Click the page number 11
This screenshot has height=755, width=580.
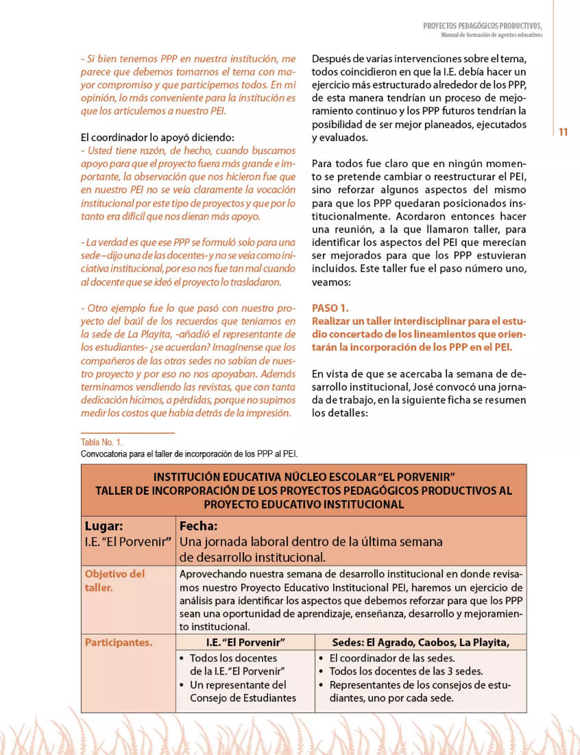point(563,132)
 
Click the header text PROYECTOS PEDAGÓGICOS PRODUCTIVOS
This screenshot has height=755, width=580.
point(482,26)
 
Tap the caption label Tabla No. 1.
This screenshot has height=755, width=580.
point(101,442)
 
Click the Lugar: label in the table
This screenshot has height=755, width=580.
point(104,526)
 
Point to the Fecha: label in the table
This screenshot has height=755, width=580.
point(198,526)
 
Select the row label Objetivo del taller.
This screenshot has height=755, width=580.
point(115,580)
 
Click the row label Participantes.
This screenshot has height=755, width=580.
point(118,643)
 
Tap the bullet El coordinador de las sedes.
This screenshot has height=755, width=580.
point(392,658)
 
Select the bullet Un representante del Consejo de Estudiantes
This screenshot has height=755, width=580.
point(242,691)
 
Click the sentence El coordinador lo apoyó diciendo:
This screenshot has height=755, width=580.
point(157,138)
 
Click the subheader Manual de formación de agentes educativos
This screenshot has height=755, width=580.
point(491,35)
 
